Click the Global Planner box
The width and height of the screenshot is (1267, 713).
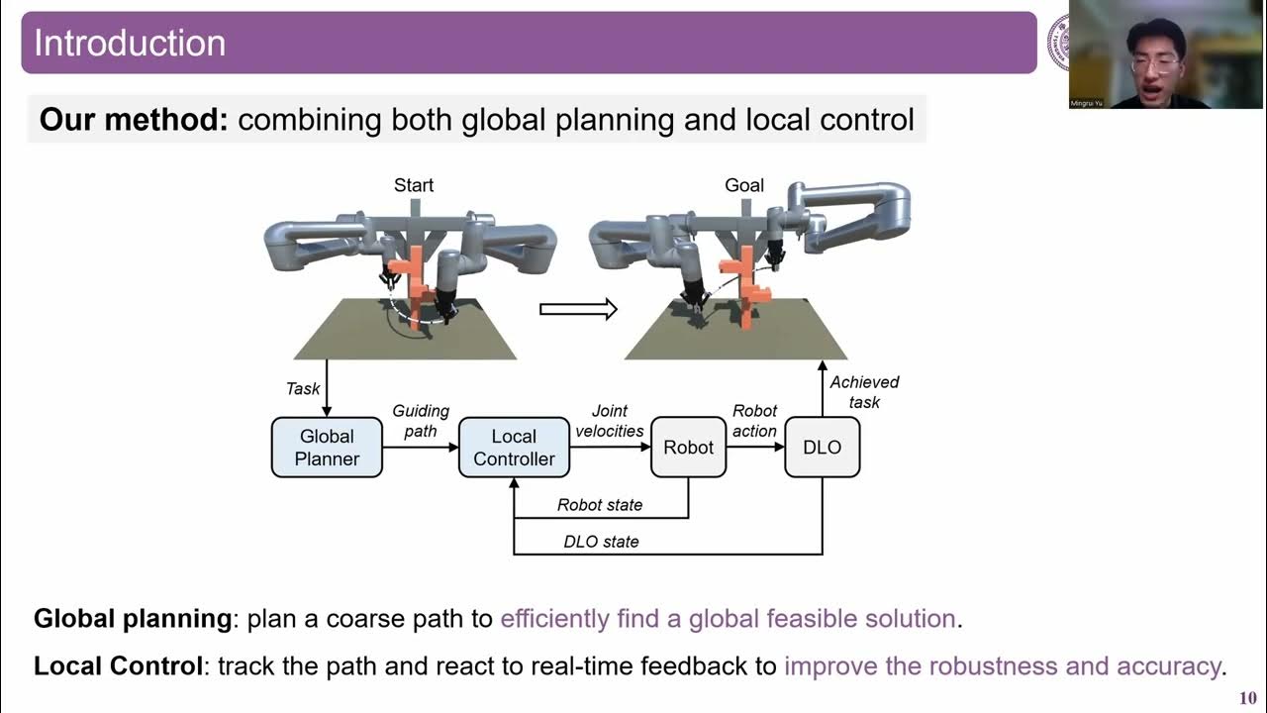coord(327,448)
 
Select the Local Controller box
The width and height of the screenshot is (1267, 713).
coord(514,448)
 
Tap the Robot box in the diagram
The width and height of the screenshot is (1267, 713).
coord(688,448)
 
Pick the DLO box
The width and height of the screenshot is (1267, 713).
coord(822,448)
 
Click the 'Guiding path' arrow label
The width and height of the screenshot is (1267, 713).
coord(421,420)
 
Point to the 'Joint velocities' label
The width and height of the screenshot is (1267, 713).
coord(609,420)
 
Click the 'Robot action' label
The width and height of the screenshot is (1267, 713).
coord(754,420)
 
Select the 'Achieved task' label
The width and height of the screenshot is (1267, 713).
coord(864,391)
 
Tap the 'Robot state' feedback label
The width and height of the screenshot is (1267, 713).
coord(600,505)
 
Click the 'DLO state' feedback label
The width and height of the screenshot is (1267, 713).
coord(601,542)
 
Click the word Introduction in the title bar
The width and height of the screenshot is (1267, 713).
coord(130,43)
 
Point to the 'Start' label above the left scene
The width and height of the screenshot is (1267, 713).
coord(414,185)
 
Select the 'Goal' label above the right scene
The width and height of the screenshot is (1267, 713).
coord(744,185)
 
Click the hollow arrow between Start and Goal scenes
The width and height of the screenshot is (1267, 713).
coord(578,310)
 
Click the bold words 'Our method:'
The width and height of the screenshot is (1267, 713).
coord(134,120)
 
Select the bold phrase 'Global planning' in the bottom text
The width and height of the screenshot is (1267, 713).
coord(133,619)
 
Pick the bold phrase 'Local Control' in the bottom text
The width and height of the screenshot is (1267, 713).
coord(119,665)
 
